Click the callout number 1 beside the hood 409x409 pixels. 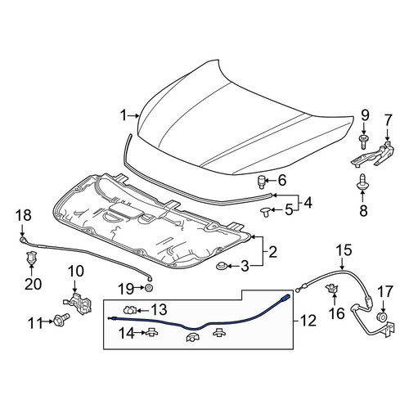124,115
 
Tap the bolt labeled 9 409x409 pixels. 363,141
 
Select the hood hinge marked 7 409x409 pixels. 373,155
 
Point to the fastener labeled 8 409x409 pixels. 362,182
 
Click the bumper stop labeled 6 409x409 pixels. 262,182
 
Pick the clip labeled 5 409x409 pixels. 264,211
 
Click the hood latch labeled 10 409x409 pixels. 79,303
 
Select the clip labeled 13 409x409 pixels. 129,309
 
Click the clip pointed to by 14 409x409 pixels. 151,332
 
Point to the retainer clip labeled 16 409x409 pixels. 332,288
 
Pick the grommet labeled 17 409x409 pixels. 382,317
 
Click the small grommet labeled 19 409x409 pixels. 149,287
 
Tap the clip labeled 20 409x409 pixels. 31,257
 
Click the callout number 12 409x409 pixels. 308,321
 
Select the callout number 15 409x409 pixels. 344,250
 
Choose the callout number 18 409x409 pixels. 23,215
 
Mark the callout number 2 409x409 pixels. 272,251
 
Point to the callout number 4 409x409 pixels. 308,203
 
